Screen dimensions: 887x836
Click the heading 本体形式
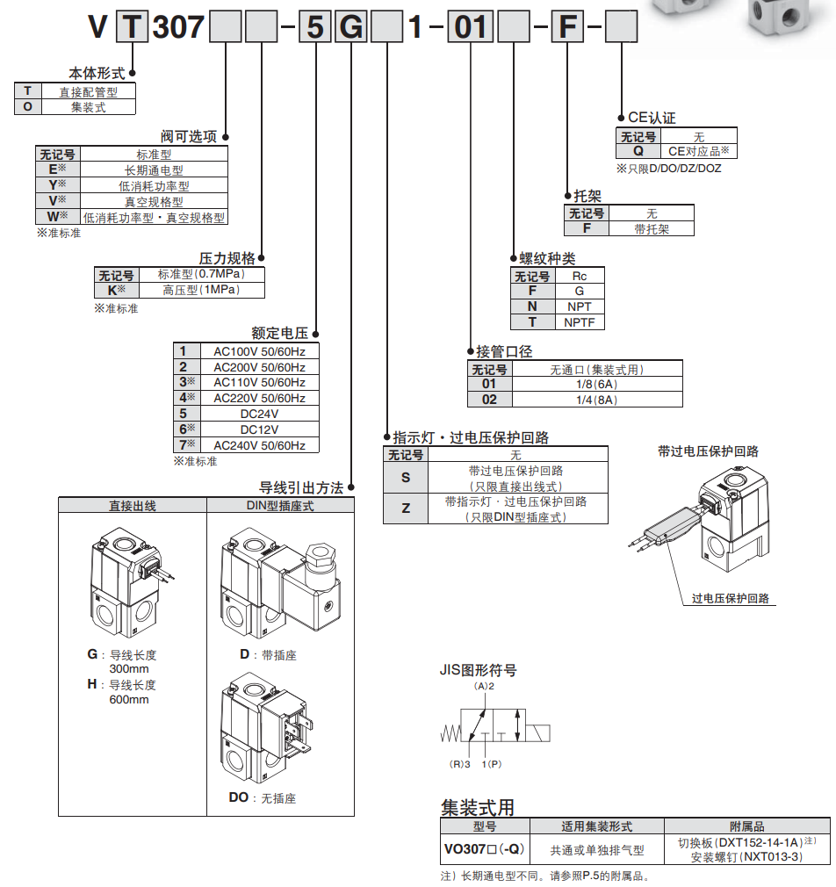pyautogui.click(x=97, y=74)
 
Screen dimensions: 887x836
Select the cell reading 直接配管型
pyautogui.click(x=88, y=91)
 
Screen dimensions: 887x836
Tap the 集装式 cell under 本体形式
pyautogui.click(x=88, y=107)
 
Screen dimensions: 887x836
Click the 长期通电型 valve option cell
pyautogui.click(x=154, y=170)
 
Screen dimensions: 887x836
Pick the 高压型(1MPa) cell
pyautogui.click(x=201, y=290)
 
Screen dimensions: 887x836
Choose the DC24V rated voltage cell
pyautogui.click(x=259, y=414)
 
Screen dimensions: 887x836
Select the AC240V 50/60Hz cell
pyautogui.click(x=259, y=445)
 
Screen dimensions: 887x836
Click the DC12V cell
pyautogui.click(x=259, y=429)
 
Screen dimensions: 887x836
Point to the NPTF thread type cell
pyautogui.click(x=579, y=322)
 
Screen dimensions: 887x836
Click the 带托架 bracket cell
pyautogui.click(x=651, y=228)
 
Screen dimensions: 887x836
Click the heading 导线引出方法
pyautogui.click(x=300, y=487)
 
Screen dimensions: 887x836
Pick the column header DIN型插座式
pyautogui.click(x=280, y=506)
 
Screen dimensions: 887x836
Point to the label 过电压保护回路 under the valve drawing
pyautogui.click(x=730, y=598)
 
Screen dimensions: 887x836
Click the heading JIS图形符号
pyautogui.click(x=478, y=670)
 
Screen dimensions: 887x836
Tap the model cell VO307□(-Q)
pyautogui.click(x=484, y=848)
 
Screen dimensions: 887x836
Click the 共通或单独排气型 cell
pyautogui.click(x=596, y=849)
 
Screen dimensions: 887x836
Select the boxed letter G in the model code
pyautogui.click(x=350, y=28)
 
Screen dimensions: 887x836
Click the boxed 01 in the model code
pyautogui.click(x=471, y=28)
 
